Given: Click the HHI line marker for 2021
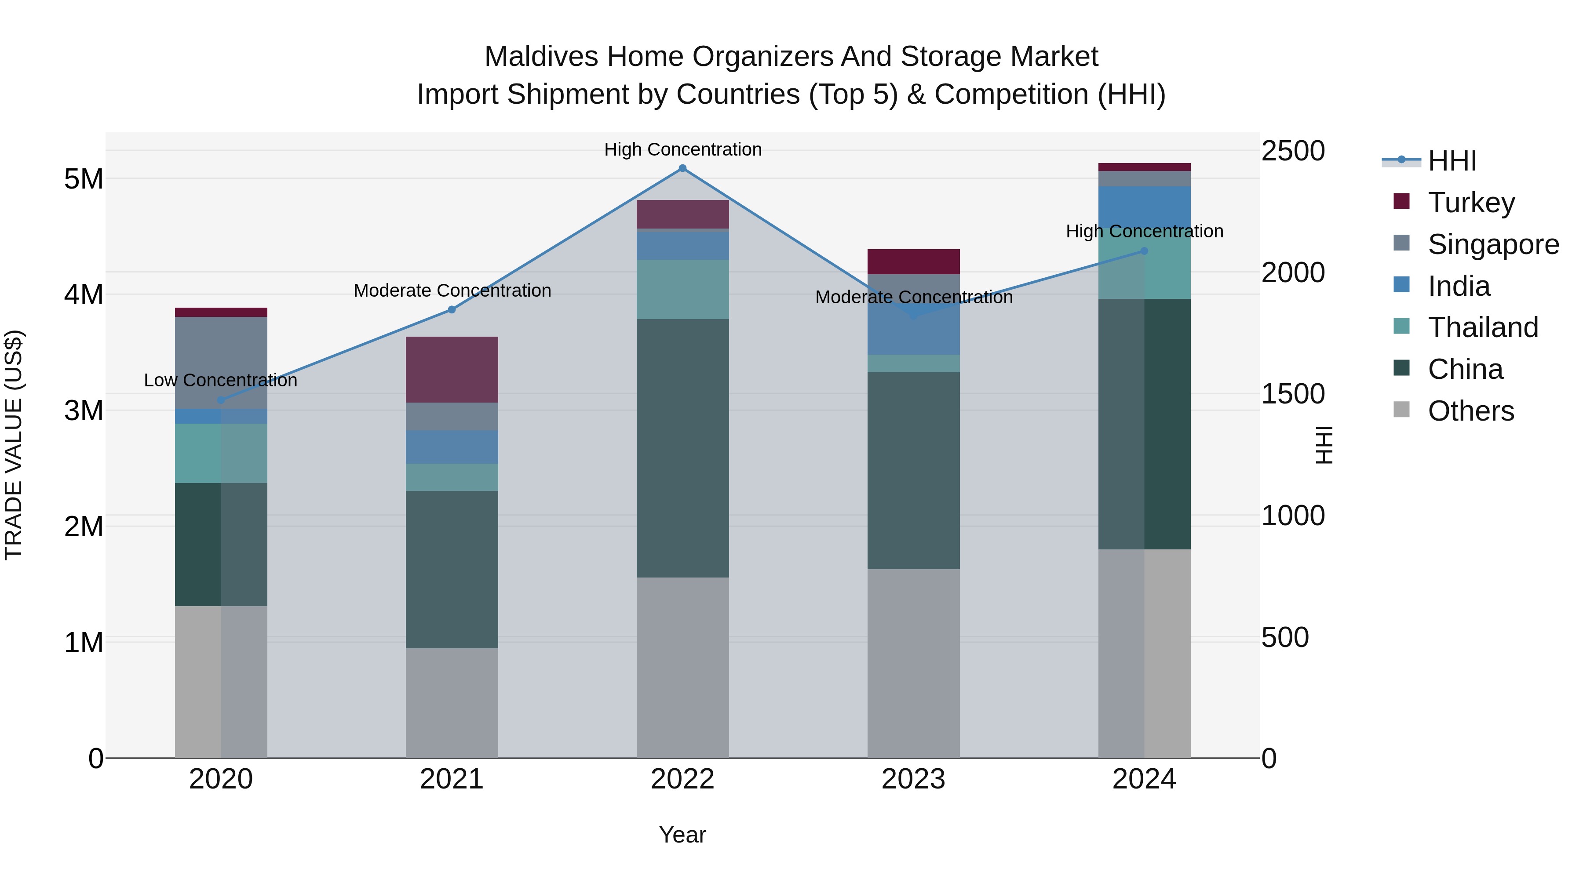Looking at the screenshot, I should click(452, 309).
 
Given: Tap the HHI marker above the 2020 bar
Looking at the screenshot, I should click(221, 400).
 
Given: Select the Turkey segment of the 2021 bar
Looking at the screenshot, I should click(452, 369).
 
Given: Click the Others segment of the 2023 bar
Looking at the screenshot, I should click(913, 663).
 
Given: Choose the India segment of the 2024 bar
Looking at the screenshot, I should click(1144, 207).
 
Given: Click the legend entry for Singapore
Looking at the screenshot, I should click(1493, 244).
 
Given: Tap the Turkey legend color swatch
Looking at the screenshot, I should click(1402, 201).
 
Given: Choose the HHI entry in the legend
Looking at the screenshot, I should click(1452, 161).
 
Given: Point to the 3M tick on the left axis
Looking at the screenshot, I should click(84, 410).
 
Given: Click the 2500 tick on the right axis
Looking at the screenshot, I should click(1293, 151).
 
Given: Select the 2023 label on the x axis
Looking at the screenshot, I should click(913, 779).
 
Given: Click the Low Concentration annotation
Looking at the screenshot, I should click(221, 380).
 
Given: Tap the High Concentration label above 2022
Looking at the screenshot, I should click(683, 149).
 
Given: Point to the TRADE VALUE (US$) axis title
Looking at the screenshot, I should click(14, 445).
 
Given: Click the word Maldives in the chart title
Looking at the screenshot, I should click(541, 57).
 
